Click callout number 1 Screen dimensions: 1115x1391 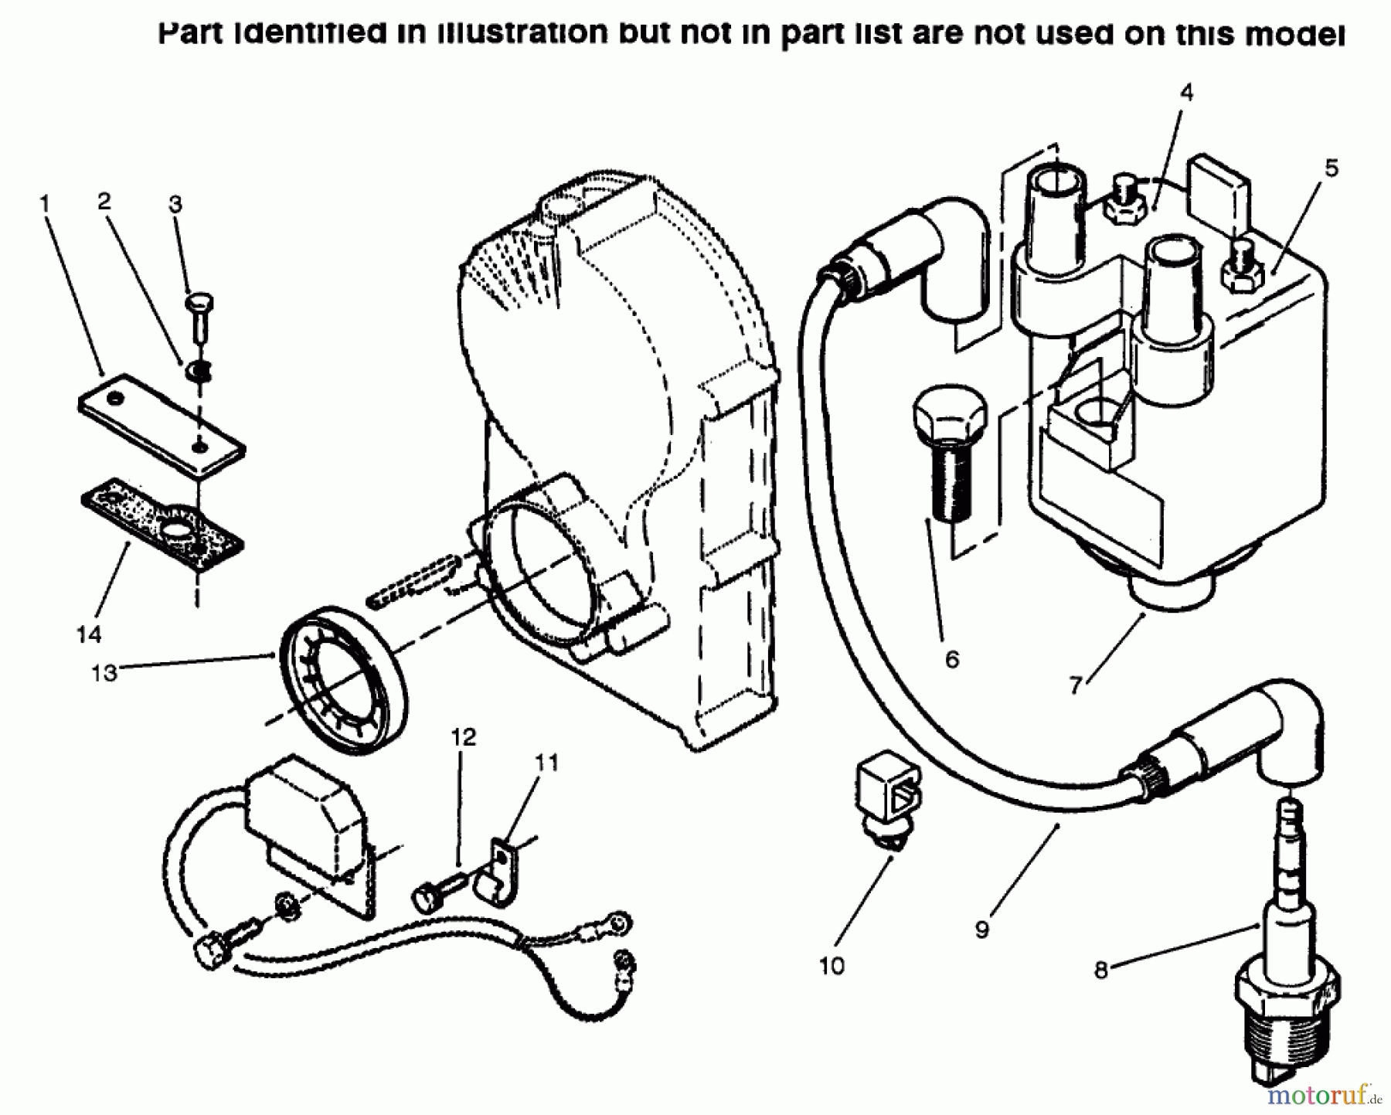45,204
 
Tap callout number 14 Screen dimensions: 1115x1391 89,634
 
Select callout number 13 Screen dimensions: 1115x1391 104,673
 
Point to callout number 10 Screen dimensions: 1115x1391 832,966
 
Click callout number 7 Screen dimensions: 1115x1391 1075,685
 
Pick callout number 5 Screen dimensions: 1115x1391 1331,168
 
